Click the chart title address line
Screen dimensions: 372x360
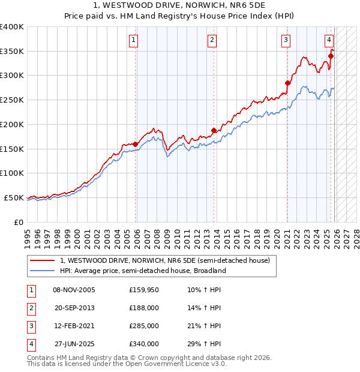(x=180, y=5)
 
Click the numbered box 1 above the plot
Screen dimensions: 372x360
(x=133, y=40)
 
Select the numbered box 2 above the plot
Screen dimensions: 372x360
(x=212, y=40)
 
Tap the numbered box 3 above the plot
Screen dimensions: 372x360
(x=286, y=40)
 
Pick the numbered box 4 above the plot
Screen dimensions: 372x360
(x=329, y=40)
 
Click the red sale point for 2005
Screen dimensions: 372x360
(x=136, y=144)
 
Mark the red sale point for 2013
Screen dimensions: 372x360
(x=214, y=130)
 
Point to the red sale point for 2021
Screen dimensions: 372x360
(x=287, y=83)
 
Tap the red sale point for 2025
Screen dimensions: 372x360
(x=331, y=56)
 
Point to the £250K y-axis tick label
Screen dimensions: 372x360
(x=12, y=100)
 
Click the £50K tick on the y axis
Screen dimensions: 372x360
(x=14, y=198)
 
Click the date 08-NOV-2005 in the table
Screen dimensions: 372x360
(x=74, y=290)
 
